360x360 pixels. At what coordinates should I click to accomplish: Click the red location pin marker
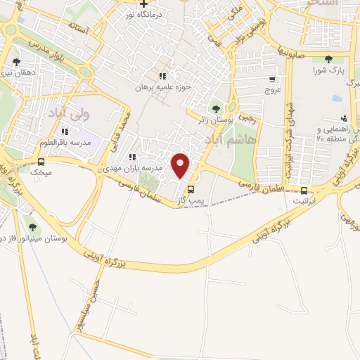click(x=181, y=165)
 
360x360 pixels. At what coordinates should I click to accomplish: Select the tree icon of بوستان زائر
click(x=215, y=108)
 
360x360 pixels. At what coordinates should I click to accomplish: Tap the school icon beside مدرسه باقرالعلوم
click(x=64, y=131)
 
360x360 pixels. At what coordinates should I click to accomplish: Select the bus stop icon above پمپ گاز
click(x=191, y=189)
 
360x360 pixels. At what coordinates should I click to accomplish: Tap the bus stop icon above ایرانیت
click(x=304, y=190)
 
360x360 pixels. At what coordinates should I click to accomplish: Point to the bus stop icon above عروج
click(x=272, y=79)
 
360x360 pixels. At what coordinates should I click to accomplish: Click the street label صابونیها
click(x=289, y=53)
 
